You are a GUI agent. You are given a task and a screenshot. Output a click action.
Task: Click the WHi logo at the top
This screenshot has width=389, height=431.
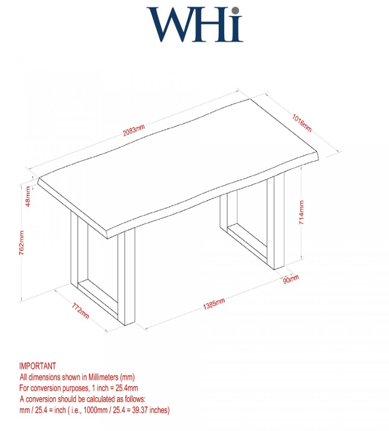[194, 24]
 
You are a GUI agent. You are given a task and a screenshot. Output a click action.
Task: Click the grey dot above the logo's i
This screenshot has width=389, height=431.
[235, 10]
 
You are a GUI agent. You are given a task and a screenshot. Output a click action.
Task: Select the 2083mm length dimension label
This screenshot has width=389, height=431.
[133, 130]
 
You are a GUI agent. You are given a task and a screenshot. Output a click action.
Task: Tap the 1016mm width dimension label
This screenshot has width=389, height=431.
[302, 123]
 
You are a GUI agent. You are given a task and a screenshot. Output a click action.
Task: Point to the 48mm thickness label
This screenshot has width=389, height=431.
[28, 196]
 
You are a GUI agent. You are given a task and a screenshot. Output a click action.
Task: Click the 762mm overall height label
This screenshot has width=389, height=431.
[21, 243]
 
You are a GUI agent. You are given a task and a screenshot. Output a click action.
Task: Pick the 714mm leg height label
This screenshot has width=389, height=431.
[301, 213]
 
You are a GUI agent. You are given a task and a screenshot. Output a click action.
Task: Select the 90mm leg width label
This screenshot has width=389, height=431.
[291, 279]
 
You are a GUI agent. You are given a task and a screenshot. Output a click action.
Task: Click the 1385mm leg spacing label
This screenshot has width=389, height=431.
[214, 303]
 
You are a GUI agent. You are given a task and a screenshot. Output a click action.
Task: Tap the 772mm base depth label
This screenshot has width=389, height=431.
[81, 311]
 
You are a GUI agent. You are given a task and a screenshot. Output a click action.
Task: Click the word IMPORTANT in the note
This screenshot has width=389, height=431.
[38, 366]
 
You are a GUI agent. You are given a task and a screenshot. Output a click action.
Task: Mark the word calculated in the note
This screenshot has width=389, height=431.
[102, 399]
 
